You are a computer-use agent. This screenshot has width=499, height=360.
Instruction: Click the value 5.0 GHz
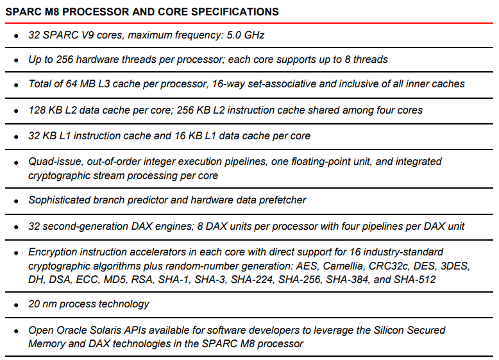246,35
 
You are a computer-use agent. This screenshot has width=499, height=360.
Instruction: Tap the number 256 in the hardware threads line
65,60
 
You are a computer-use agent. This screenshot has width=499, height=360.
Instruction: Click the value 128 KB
46,110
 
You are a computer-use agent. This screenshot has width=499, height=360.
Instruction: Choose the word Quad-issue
56,162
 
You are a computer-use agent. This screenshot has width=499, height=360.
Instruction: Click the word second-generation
85,227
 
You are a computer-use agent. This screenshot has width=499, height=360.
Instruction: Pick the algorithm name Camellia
343,266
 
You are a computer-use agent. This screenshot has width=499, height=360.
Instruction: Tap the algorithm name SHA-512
415,280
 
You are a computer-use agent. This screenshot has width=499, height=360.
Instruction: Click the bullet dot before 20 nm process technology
16,305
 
